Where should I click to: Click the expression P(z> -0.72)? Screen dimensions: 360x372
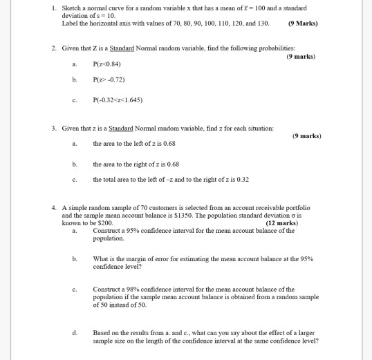pos(110,80)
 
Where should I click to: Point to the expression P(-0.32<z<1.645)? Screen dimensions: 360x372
pos(118,99)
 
